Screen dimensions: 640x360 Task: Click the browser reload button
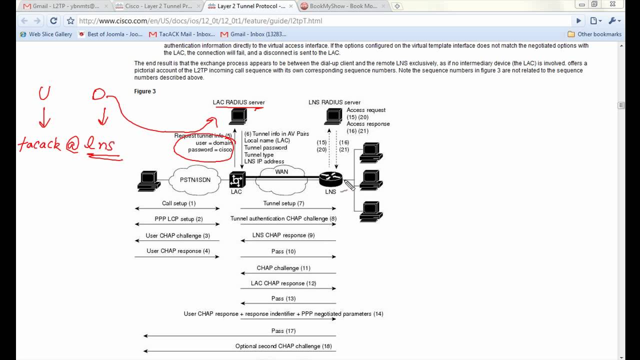(x=53, y=21)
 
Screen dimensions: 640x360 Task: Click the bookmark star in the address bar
(x=70, y=21)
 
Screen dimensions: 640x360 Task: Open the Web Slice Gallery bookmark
(x=46, y=34)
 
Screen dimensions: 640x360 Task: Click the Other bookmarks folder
(x=594, y=34)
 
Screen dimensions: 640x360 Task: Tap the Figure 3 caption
(x=145, y=91)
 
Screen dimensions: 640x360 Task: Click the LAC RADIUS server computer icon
(x=238, y=116)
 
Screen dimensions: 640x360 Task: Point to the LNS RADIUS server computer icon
(x=333, y=116)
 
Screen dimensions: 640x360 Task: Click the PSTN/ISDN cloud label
(x=195, y=180)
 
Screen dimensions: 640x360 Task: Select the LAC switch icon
(x=237, y=180)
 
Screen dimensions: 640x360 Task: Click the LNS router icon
(x=330, y=179)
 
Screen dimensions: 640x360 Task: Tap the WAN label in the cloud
(x=281, y=171)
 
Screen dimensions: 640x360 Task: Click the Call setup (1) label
(x=179, y=203)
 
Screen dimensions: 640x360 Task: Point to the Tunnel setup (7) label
(x=283, y=203)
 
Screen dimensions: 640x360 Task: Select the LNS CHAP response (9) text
(x=283, y=235)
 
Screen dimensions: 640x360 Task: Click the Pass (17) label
(x=283, y=331)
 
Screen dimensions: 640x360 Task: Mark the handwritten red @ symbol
(x=72, y=145)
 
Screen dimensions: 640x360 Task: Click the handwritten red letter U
(x=44, y=93)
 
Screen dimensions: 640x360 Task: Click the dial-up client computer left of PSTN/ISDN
(x=149, y=181)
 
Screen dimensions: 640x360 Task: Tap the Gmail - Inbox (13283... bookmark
(x=253, y=34)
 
